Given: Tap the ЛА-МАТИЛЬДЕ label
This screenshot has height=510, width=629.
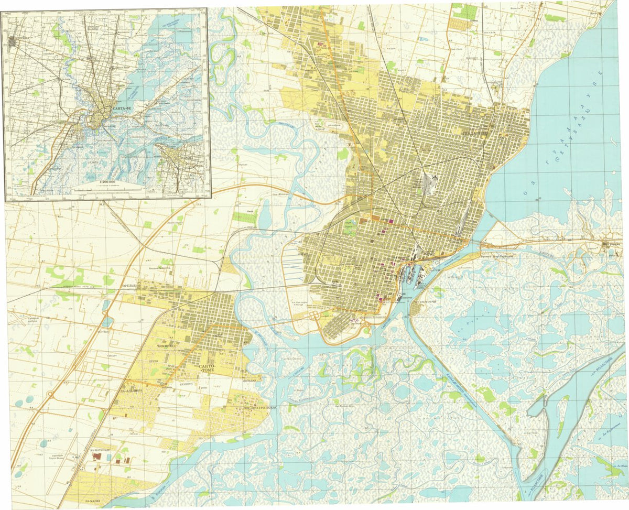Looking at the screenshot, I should coord(99,450).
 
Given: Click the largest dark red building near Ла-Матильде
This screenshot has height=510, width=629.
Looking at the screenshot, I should coord(96,457).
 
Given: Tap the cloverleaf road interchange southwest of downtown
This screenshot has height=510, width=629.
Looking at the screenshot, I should coord(314,316).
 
